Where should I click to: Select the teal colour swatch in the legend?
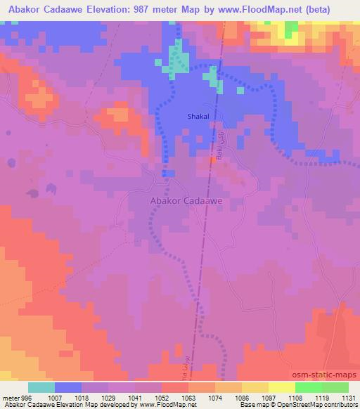tap(41, 387)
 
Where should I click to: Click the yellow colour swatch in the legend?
tap(281, 387)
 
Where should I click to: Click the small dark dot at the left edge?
tap(11, 163)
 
